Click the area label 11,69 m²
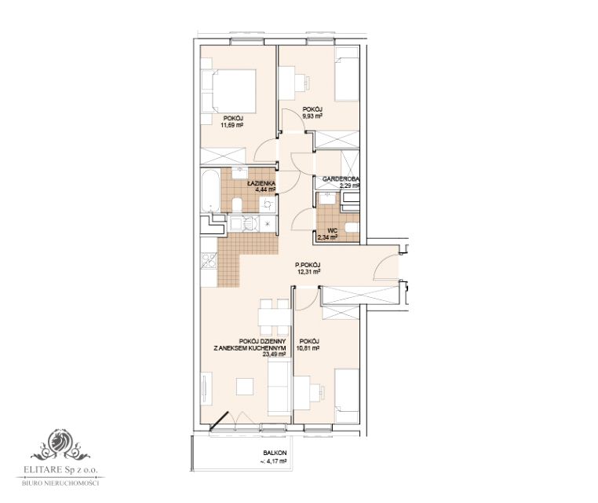232,124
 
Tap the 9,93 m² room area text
312,116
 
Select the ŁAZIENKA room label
261,183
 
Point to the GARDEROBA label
341,178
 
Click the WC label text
332,231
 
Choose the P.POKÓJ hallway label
308,265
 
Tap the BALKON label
275,453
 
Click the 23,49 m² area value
274,354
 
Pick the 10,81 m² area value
308,348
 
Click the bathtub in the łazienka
210,190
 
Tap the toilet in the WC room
352,228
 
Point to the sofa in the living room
280,388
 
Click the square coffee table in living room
245,386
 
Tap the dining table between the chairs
273,317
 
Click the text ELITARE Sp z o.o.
60,470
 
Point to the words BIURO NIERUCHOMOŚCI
60,483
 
